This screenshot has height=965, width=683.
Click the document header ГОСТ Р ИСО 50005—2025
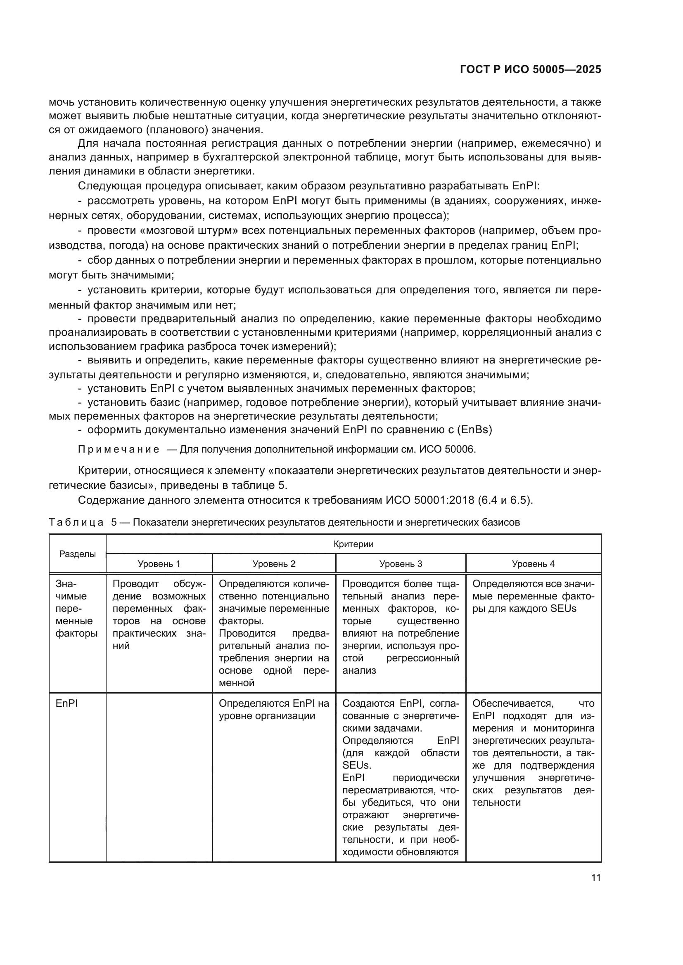tap(530, 70)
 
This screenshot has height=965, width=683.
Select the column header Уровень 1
tap(159, 564)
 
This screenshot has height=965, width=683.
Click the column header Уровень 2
tap(274, 564)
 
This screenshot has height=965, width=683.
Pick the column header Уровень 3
tap(401, 564)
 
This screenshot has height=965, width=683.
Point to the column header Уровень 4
tap(533, 564)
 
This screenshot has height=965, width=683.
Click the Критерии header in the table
tap(353, 544)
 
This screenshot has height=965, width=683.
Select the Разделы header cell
tap(77, 554)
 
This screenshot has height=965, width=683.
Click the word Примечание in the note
tap(119, 450)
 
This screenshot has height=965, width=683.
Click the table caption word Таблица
tap(76, 522)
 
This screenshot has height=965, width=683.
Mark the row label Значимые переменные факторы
tap(76, 609)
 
